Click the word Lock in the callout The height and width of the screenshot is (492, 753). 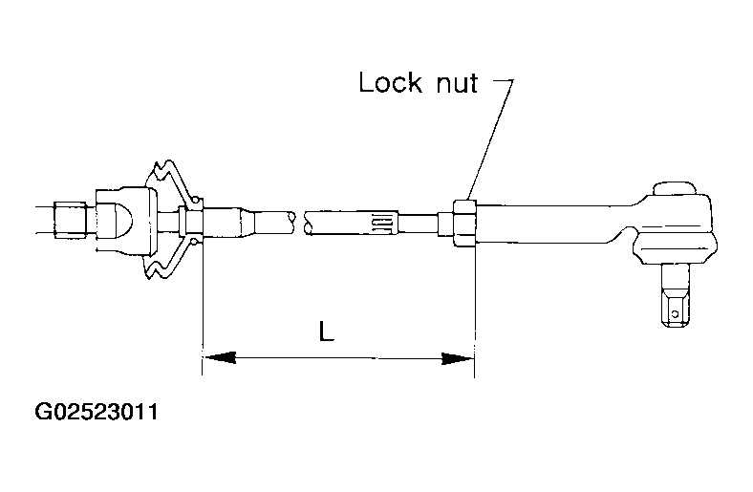[x=390, y=83]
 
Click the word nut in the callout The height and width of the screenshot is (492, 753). [x=454, y=83]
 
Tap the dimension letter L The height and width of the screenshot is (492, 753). [x=326, y=332]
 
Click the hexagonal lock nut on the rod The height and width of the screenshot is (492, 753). [x=463, y=221]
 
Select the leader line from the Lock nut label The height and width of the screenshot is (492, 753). [x=487, y=143]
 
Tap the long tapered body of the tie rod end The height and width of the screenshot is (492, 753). [x=554, y=221]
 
